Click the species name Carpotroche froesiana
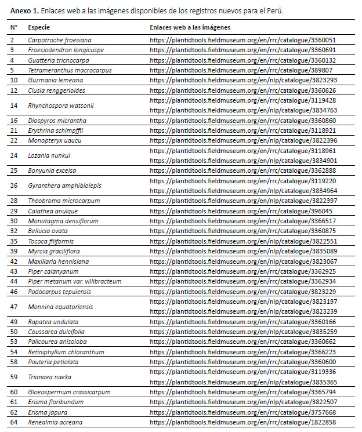(60, 40)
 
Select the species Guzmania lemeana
(55, 81)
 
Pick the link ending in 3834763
(242, 110)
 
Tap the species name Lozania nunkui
(49, 155)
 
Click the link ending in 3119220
(242, 180)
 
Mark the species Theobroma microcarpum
(64, 201)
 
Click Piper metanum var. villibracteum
(75, 281)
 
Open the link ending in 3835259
(242, 331)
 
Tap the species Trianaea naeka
(50, 376)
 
